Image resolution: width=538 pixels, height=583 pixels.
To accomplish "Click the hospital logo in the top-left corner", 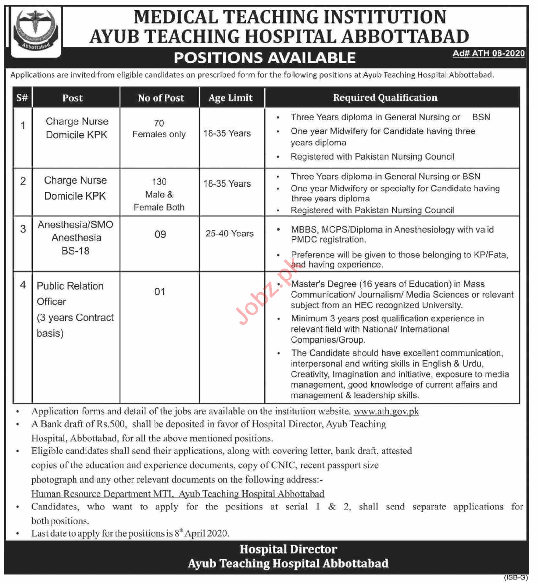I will tap(36, 31).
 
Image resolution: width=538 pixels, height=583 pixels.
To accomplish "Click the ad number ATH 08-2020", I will tap(488, 53).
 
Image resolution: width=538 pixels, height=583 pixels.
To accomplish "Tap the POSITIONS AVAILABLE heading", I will tap(265, 58).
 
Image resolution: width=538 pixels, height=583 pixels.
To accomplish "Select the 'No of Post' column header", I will tap(161, 98).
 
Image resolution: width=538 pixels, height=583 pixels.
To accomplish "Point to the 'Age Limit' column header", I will tap(230, 98).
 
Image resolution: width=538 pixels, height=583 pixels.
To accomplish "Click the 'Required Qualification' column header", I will tap(385, 97).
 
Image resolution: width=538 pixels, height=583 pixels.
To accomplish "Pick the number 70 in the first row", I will tap(159, 123).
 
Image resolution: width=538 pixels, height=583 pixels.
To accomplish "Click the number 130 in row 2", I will tap(159, 182).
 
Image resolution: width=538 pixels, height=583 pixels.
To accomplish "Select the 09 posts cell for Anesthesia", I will tap(160, 234).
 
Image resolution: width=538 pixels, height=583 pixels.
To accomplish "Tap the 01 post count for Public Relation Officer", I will tap(160, 292).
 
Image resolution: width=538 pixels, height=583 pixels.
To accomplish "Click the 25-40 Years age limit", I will tap(229, 234).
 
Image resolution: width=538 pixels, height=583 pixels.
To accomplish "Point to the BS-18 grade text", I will tap(75, 251).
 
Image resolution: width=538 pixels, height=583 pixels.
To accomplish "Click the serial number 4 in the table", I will tap(23, 285).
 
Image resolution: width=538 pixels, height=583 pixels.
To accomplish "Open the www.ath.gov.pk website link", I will tap(386, 411).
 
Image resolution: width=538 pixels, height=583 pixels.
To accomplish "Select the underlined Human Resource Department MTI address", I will tap(177, 494).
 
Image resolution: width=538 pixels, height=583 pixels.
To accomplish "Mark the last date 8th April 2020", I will tap(202, 533).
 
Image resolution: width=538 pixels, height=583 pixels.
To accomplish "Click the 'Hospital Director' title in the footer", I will tap(288, 549).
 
